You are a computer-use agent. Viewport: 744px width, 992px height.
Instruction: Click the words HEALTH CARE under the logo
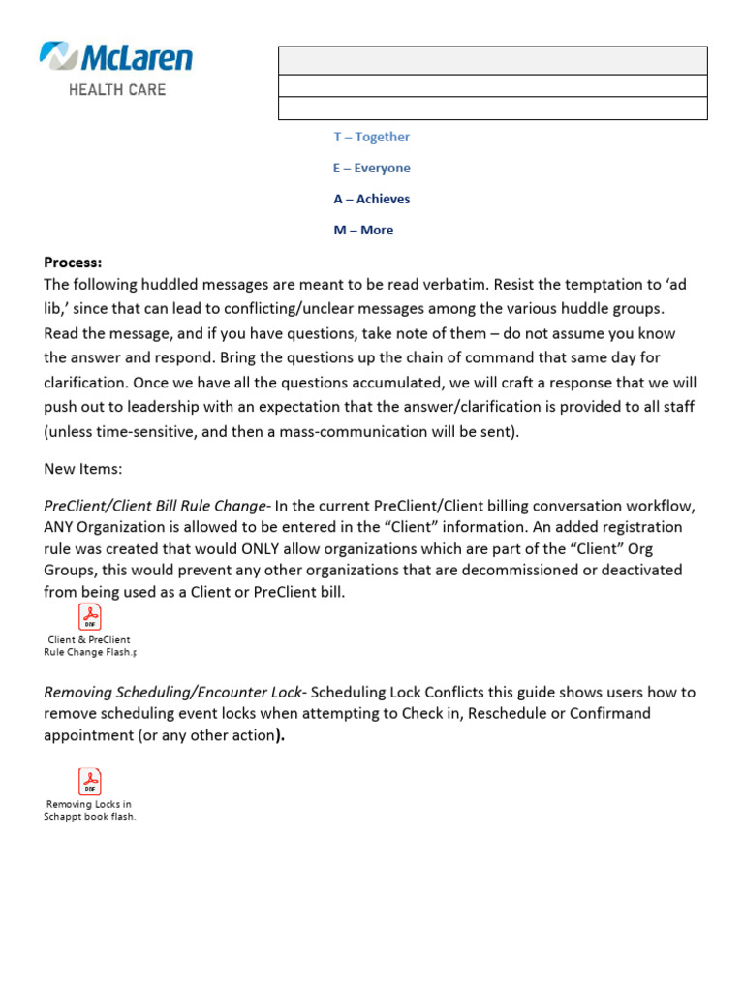116,89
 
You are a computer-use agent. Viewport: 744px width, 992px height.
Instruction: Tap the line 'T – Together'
371,137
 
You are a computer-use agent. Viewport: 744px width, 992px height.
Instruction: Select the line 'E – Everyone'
371,168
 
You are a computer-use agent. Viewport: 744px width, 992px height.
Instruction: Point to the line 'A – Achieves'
371,199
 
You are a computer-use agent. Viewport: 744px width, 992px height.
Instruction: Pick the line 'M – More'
363,230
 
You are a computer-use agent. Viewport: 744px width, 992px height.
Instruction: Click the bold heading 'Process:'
73,262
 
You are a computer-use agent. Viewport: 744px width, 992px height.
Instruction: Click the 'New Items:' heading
83,469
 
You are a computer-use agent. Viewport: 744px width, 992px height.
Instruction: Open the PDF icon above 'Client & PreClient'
89,617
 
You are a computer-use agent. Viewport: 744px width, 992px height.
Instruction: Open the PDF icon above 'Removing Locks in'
89,781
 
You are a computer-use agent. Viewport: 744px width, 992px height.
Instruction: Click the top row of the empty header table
492,60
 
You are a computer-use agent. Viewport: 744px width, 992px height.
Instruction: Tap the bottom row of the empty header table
492,108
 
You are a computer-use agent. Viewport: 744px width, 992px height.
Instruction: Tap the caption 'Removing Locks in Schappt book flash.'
89,810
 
